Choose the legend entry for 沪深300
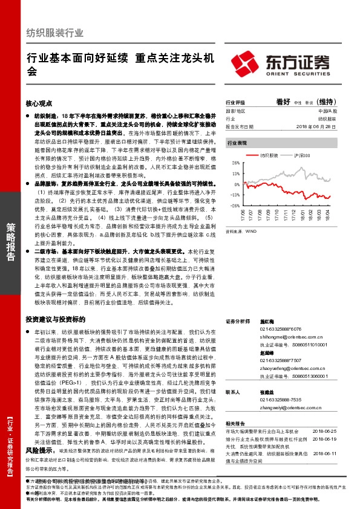click(301, 155)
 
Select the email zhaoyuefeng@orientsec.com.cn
click(290, 369)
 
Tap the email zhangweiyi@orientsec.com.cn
click(288, 406)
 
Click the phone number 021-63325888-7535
click(281, 400)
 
